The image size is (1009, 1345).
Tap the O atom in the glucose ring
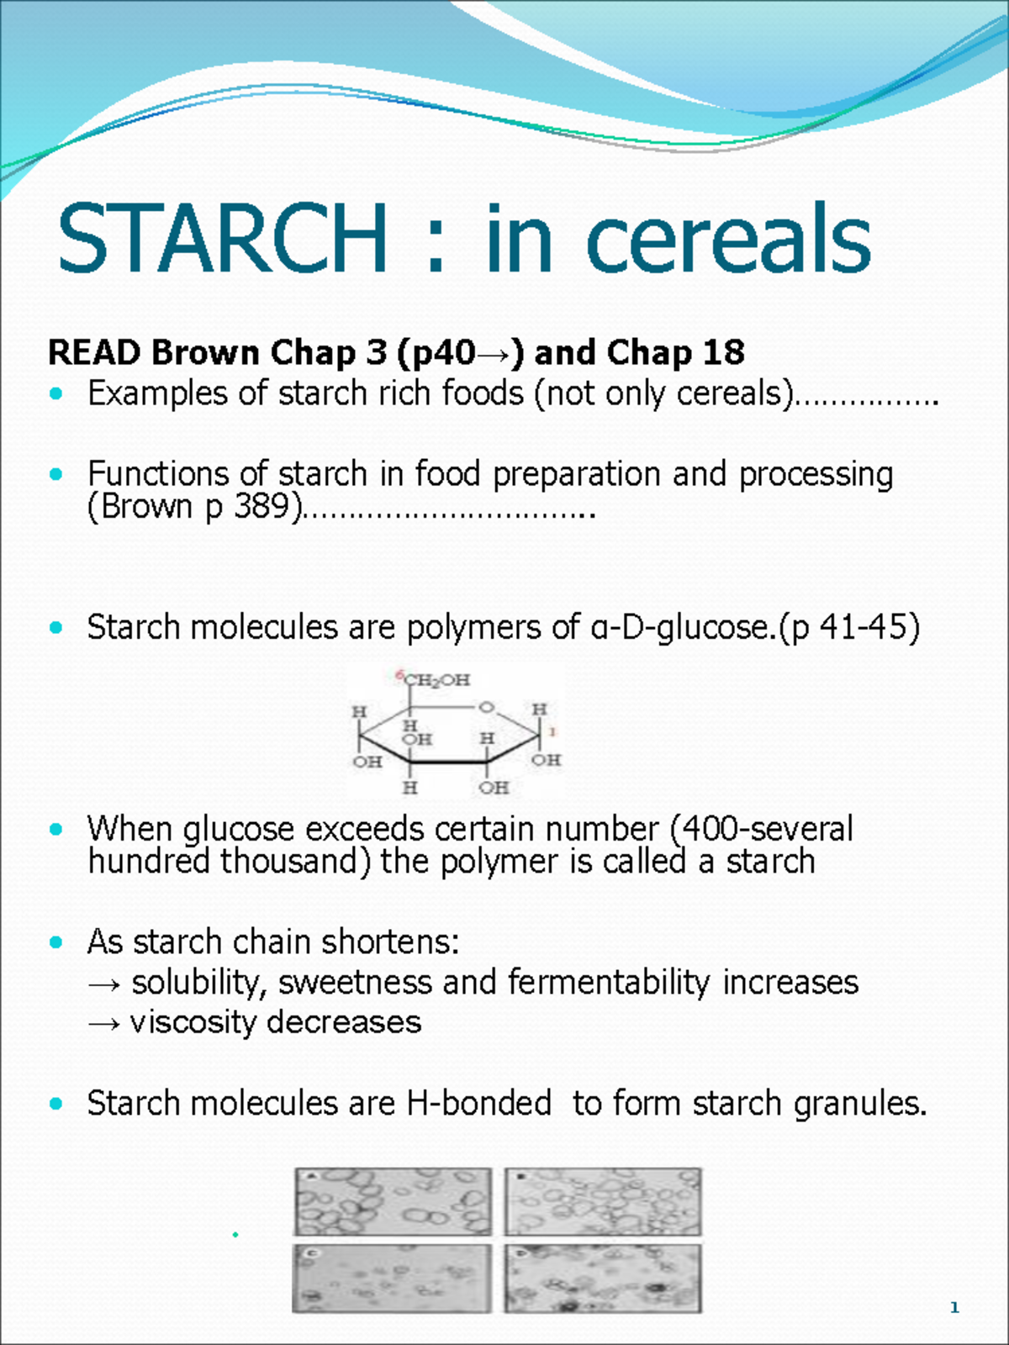(x=486, y=707)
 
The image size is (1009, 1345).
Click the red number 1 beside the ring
(x=552, y=732)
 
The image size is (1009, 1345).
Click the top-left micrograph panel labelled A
(x=393, y=1202)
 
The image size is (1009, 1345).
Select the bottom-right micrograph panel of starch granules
(x=602, y=1279)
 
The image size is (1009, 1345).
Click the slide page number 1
(x=954, y=1307)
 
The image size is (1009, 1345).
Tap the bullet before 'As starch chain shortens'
(x=56, y=942)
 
